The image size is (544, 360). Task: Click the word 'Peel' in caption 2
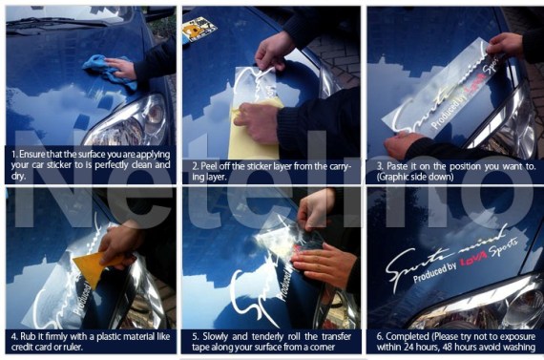tap(207, 165)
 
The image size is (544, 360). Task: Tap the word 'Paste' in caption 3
tap(392, 165)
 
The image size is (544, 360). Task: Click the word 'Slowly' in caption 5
tap(215, 337)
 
